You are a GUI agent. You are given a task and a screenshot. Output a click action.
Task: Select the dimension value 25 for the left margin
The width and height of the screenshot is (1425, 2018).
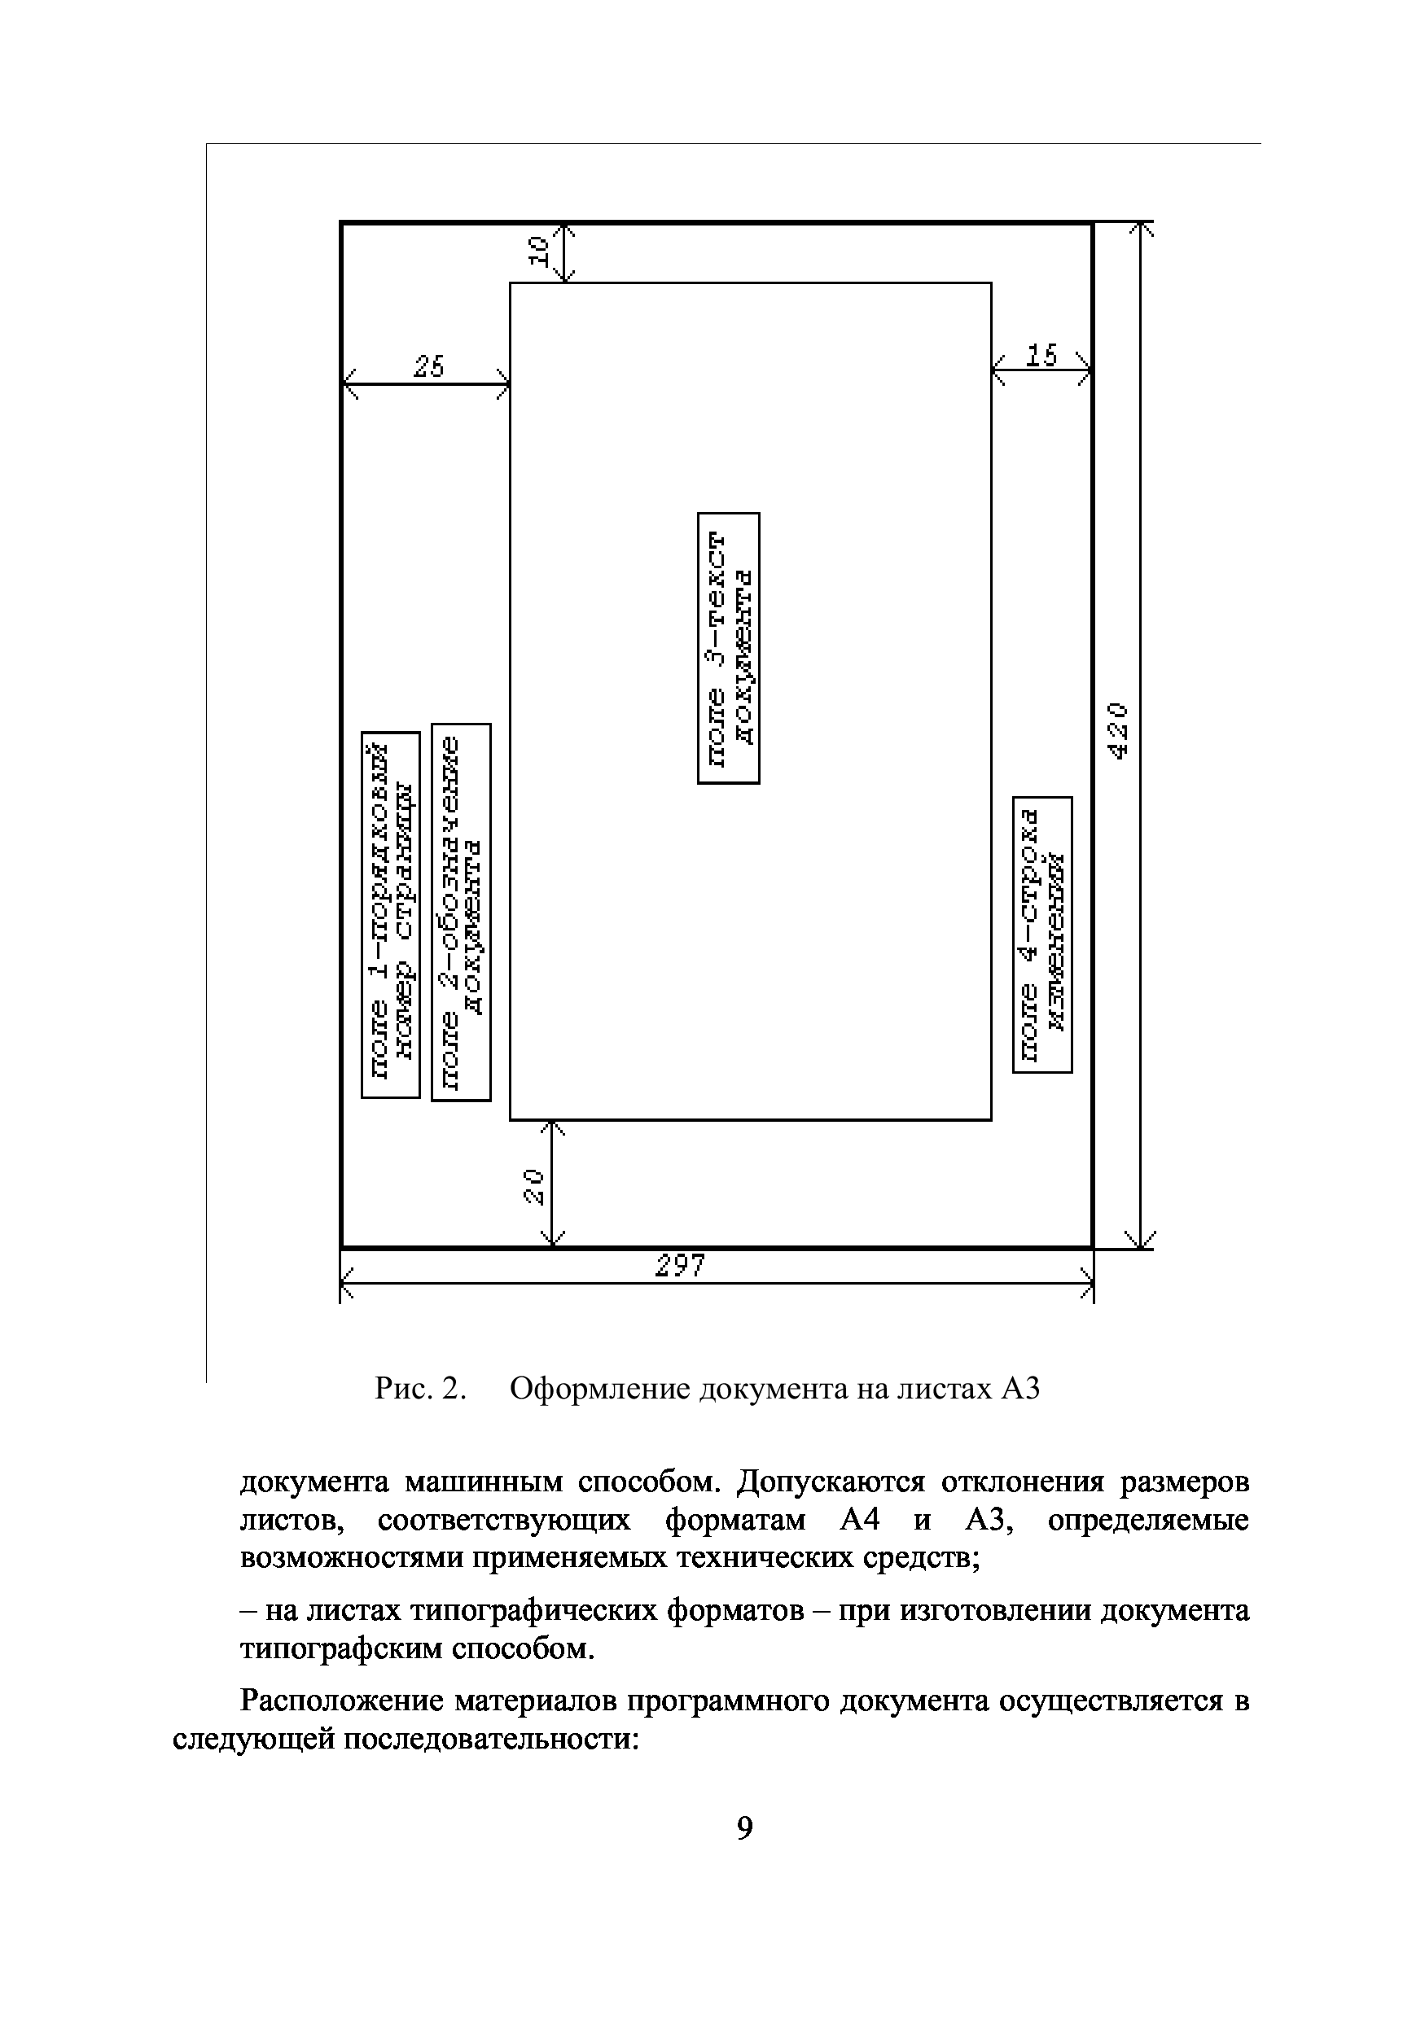(429, 366)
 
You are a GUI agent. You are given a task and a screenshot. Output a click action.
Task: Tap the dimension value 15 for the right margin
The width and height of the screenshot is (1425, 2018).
(1041, 356)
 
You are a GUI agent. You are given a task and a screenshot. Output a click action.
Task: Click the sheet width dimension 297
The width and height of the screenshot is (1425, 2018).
(682, 1267)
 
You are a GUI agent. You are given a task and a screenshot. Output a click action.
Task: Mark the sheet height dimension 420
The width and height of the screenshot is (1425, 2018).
(1118, 729)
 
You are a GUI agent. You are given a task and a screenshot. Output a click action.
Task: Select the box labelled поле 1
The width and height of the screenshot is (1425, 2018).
(390, 914)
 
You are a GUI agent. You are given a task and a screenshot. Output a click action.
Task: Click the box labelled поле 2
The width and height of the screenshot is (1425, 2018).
(461, 912)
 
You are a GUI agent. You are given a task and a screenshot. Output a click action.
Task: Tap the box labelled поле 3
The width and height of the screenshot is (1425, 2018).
(729, 648)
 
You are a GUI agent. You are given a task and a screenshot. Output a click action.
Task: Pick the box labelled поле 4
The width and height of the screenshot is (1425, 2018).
(1042, 935)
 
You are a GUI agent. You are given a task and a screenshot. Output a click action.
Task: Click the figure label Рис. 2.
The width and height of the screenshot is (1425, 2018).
(419, 1389)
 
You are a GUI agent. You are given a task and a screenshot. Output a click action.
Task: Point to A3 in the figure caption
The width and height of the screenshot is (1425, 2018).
(1020, 1389)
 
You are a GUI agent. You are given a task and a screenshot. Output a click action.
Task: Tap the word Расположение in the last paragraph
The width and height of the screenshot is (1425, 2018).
(342, 1701)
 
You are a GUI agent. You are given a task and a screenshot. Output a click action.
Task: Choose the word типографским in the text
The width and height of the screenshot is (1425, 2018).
(342, 1649)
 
